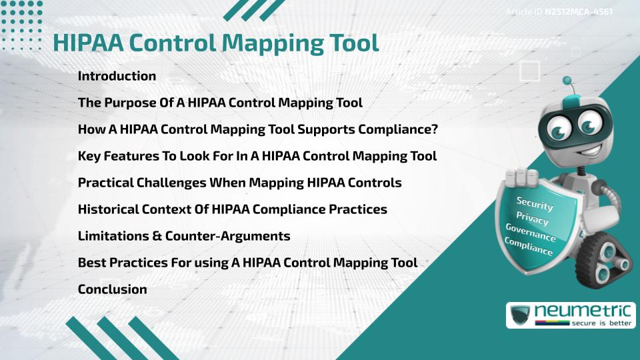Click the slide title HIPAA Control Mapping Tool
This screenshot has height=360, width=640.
pyautogui.click(x=216, y=42)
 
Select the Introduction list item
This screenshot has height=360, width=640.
pyautogui.click(x=117, y=76)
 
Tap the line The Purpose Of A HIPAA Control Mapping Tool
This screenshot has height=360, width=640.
pyautogui.click(x=220, y=103)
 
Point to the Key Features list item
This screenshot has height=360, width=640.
pyautogui.click(x=257, y=156)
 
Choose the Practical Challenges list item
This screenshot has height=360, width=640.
pyautogui.click(x=239, y=183)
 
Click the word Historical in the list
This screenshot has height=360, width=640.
pyautogui.click(x=108, y=209)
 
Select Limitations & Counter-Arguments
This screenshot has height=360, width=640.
pyautogui.click(x=184, y=236)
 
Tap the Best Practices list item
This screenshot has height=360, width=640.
pyautogui.click(x=247, y=263)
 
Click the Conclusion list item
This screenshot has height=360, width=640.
pyautogui.click(x=112, y=289)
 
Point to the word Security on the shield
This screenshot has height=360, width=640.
pyautogui.click(x=535, y=203)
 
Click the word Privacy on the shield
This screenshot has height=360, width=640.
pyautogui.click(x=532, y=218)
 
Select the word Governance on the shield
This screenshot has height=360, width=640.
pyautogui.click(x=531, y=233)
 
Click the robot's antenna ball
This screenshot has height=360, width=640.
pyautogui.click(x=567, y=81)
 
